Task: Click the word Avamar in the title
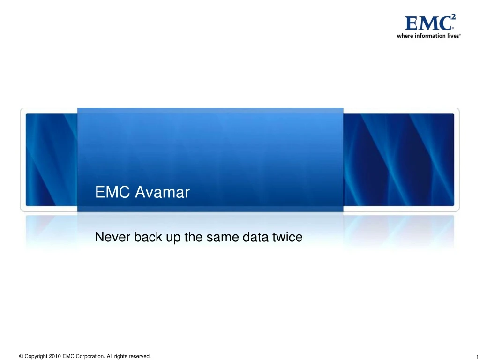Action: pos(162,193)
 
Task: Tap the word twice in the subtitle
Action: pos(287,238)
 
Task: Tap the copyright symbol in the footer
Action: pos(21,357)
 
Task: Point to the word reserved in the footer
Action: pos(139,357)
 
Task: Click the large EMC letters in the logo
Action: pos(427,23)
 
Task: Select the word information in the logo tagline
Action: pos(428,36)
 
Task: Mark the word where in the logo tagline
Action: pos(405,36)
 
